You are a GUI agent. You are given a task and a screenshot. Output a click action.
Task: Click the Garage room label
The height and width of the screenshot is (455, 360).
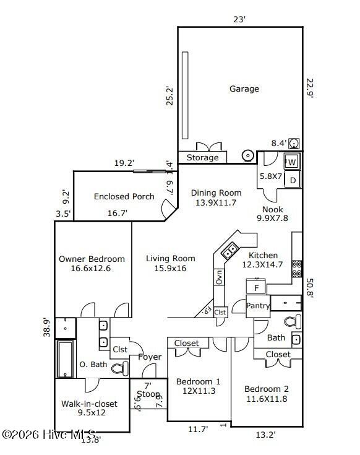click(244, 89)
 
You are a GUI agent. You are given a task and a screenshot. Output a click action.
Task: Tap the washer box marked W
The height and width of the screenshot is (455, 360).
click(292, 162)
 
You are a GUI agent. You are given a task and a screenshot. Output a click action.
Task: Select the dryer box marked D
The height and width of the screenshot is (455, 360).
click(293, 180)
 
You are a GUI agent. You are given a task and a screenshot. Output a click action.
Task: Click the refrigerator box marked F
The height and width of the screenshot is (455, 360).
click(255, 288)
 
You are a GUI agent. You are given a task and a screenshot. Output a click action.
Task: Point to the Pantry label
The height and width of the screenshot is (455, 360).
click(257, 306)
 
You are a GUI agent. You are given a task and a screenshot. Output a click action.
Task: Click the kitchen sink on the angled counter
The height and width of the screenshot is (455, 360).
click(230, 251)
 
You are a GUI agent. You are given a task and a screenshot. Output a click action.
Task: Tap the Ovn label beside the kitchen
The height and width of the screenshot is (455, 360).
click(219, 277)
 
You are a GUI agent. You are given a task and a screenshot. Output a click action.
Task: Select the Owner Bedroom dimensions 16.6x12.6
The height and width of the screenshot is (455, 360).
click(91, 268)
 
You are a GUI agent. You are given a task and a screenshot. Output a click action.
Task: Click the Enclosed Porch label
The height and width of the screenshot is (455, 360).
click(124, 196)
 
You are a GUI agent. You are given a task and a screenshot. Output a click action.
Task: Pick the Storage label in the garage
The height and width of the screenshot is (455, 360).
click(203, 157)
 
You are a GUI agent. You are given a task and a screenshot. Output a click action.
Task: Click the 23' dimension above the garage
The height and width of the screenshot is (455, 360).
click(239, 19)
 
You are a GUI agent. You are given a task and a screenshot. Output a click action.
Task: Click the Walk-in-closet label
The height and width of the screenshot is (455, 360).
click(89, 404)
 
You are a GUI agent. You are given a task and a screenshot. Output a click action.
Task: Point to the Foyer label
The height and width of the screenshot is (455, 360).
click(150, 357)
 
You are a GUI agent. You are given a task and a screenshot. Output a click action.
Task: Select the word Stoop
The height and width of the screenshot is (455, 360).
click(148, 394)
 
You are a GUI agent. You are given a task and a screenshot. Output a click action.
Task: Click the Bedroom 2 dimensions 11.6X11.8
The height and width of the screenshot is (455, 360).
click(266, 398)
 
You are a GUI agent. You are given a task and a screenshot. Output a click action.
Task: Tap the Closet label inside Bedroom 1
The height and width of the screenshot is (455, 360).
click(187, 343)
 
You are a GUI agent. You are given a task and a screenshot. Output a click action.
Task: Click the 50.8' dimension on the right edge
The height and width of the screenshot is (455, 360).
click(311, 288)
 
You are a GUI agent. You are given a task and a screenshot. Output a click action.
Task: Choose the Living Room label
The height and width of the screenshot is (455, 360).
click(171, 258)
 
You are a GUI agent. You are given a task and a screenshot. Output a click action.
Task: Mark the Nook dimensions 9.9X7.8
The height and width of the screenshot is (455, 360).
click(272, 218)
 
